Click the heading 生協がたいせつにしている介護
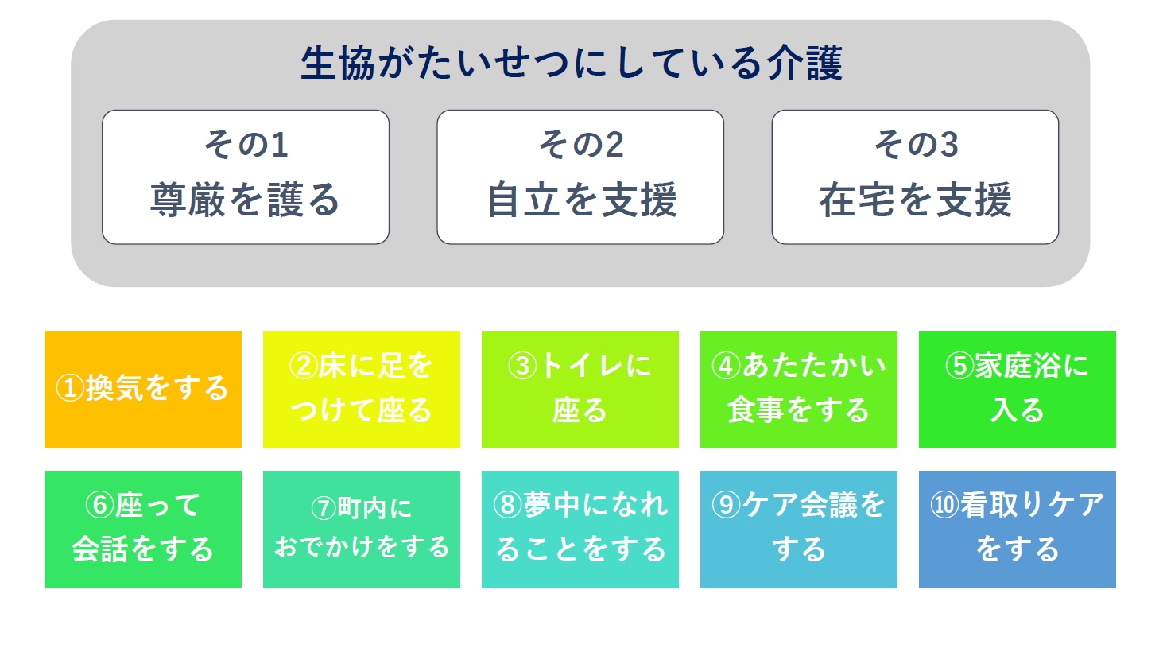coord(572,64)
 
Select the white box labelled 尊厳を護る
coord(246,177)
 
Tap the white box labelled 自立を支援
coord(580,177)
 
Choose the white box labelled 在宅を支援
coord(915,177)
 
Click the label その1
coord(246,144)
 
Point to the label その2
coord(581,144)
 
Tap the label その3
coord(916,144)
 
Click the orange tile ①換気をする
coord(143,390)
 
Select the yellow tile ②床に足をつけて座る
coord(362,390)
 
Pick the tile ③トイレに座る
coord(580,390)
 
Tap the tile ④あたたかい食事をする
coord(799,390)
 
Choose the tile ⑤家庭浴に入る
coord(1017,390)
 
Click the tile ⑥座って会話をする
coord(143,530)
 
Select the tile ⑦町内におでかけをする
coord(362,530)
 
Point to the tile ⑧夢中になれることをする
coord(580,530)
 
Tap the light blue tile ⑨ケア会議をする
coord(799,530)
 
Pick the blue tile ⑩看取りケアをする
coord(1017,530)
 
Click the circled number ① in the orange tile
coord(70,389)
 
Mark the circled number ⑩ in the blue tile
coord(944,505)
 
